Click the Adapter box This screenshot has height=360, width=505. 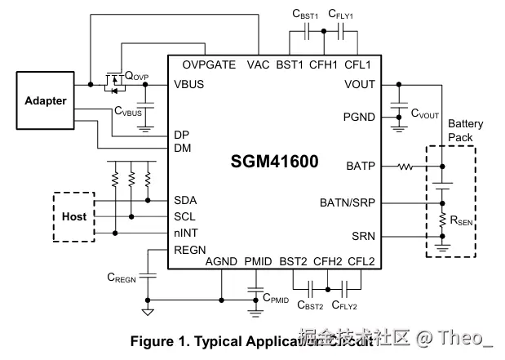click(x=46, y=101)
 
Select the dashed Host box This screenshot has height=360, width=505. click(x=73, y=216)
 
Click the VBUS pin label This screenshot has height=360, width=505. click(x=189, y=84)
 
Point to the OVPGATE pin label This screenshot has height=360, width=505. click(x=209, y=64)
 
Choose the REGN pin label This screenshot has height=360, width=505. click(x=190, y=251)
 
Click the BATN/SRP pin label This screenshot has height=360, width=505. click(x=349, y=202)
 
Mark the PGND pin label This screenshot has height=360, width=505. click(x=359, y=117)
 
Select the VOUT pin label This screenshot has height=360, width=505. click(x=360, y=84)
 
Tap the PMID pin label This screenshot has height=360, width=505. click(x=258, y=262)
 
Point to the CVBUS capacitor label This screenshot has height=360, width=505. click(x=128, y=110)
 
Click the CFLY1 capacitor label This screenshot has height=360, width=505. click(x=343, y=14)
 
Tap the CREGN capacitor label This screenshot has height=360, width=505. click(x=122, y=278)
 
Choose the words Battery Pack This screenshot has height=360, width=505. click(x=465, y=131)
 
